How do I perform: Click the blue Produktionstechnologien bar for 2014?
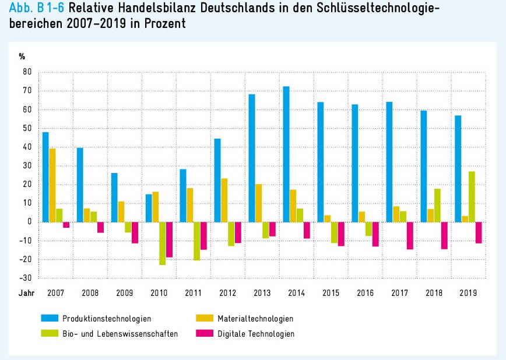pos(286,154)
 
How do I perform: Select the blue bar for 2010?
pos(149,208)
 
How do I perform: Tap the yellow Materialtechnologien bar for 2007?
pos(52,185)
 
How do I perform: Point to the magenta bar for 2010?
pos(169,239)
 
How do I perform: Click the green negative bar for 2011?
pos(196,241)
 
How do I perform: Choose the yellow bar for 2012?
pos(224,200)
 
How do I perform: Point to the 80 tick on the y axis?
pos(26,72)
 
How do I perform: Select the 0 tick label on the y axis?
pos(27,222)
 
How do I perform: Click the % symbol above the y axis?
pos(22,57)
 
